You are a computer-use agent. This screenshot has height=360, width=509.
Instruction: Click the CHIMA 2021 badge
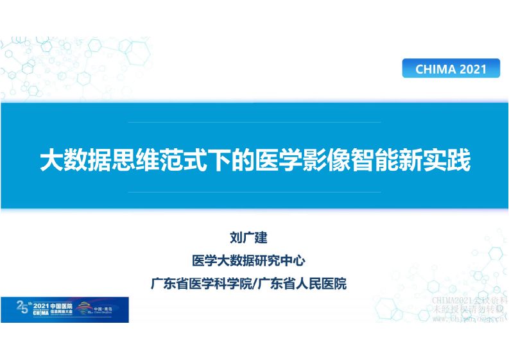(x=451, y=69)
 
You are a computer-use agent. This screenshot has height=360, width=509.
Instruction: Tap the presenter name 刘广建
(x=248, y=239)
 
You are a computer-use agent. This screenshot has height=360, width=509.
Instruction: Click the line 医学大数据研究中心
(x=248, y=261)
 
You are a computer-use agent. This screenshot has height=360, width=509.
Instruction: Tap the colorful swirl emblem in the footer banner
(x=84, y=309)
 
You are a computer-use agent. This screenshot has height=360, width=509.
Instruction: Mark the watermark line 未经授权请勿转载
(x=470, y=309)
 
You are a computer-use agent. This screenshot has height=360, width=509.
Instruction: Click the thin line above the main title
(x=255, y=122)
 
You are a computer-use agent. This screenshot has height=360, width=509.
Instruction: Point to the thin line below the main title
(x=255, y=192)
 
